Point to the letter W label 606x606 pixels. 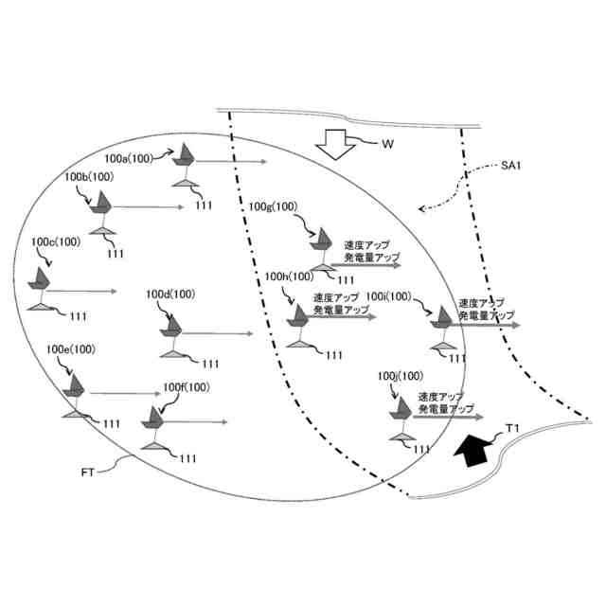387,145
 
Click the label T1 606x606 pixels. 512,430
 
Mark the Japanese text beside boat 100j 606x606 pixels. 445,401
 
